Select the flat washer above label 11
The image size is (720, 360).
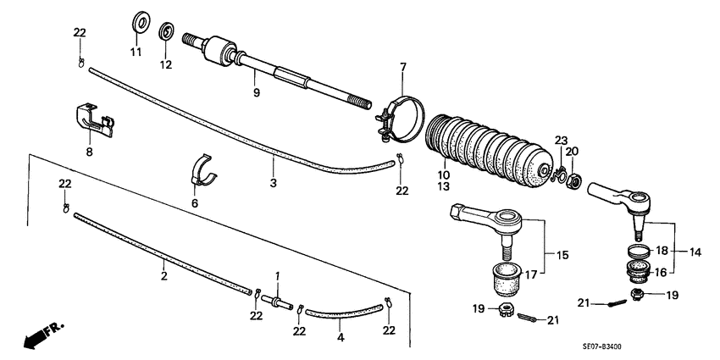click(x=139, y=19)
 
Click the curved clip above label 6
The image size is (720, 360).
click(x=202, y=168)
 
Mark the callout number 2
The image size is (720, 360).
click(x=163, y=276)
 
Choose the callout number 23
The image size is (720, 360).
click(x=561, y=140)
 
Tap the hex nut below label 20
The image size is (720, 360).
click(x=573, y=180)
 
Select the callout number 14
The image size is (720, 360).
click(x=695, y=251)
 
